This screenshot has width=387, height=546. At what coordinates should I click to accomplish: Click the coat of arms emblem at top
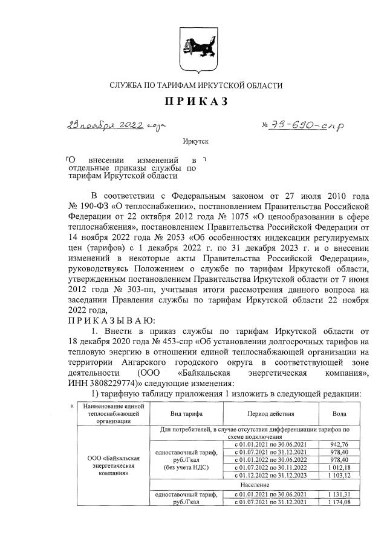point(193,45)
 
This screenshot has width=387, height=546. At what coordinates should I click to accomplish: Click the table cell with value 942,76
point(340,444)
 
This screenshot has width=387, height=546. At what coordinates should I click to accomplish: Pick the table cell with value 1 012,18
point(340,468)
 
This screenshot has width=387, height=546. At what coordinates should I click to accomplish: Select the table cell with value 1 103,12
point(340,476)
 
